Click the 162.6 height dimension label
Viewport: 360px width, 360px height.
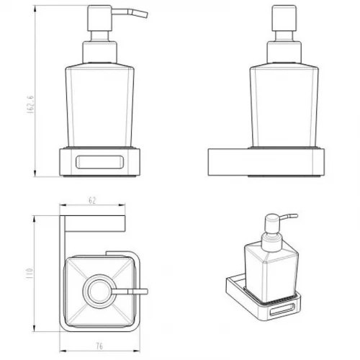click(30, 104)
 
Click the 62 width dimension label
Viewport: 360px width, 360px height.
click(92, 200)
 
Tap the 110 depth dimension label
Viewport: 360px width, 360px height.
click(29, 273)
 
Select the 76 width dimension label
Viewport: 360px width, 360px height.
click(99, 346)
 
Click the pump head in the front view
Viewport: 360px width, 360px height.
click(99, 18)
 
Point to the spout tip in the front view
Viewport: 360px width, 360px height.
click(145, 14)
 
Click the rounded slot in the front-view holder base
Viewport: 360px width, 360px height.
click(99, 162)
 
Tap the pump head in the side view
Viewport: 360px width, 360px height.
click(284, 18)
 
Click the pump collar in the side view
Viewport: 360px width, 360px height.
click(284, 53)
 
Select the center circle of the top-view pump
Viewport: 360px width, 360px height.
click(99, 291)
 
